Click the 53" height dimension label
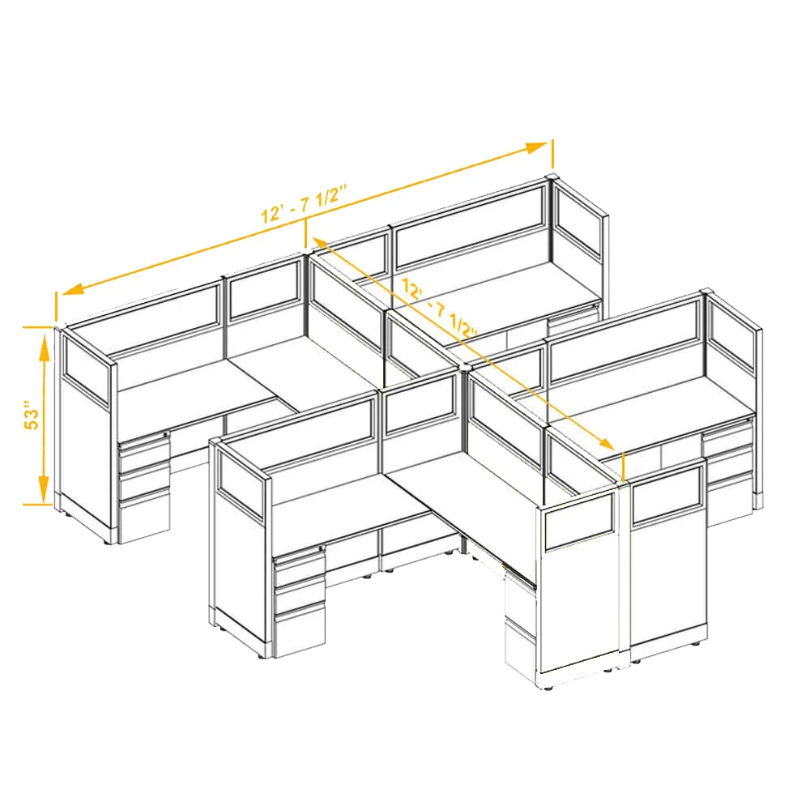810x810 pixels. (32, 414)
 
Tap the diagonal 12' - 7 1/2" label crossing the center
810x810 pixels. (439, 309)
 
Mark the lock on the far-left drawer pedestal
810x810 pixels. (166, 434)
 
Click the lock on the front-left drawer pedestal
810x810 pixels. (321, 548)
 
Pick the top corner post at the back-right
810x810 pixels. (552, 179)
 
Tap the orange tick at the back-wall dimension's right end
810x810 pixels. (552, 154)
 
